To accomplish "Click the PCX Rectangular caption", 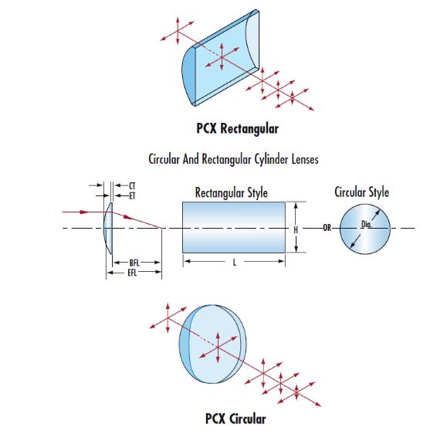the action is tap(238, 129).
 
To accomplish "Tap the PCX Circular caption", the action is tap(235, 419).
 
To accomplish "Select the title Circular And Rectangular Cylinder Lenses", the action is tap(233, 159).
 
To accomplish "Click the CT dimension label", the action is tap(132, 185).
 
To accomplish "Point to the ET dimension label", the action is tap(132, 195).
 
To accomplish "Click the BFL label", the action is tap(134, 263).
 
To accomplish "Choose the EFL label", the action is tap(132, 273).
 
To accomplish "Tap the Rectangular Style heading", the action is tap(232, 192).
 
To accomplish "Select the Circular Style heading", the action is tap(361, 192).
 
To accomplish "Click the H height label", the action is tap(296, 229).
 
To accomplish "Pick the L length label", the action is tap(235, 263).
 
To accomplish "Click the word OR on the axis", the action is tap(327, 228).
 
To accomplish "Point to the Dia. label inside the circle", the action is tap(367, 224).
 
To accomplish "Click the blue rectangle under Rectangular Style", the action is tap(234, 227).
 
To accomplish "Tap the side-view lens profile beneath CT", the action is tap(108, 229).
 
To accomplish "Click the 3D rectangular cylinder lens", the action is tap(221, 58).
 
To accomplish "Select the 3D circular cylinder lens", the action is tap(213, 344).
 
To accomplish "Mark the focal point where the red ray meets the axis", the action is tap(161, 228).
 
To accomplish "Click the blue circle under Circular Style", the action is tap(365, 229).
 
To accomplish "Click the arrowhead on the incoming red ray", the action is tap(83, 212).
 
